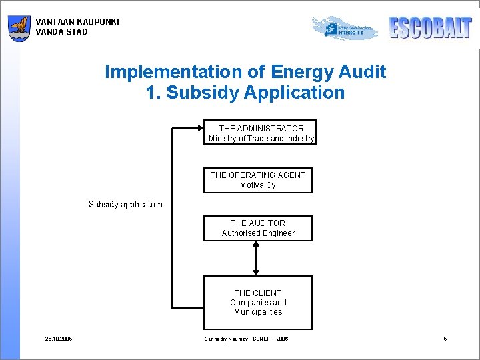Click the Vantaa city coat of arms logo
[x=19, y=29]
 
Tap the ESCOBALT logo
[x=430, y=27]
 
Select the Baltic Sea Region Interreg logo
[x=344, y=28]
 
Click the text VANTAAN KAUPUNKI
[x=77, y=22]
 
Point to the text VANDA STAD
[x=61, y=32]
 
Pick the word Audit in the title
[x=362, y=72]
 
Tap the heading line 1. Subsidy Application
[x=245, y=93]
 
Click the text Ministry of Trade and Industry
[x=261, y=139]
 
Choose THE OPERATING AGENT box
[x=257, y=180]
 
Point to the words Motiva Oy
[x=257, y=185]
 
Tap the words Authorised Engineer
[x=258, y=233]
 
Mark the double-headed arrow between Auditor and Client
[x=257, y=258]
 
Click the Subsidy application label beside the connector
[x=125, y=205]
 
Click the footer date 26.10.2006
[x=59, y=339]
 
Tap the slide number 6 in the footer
[x=445, y=339]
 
